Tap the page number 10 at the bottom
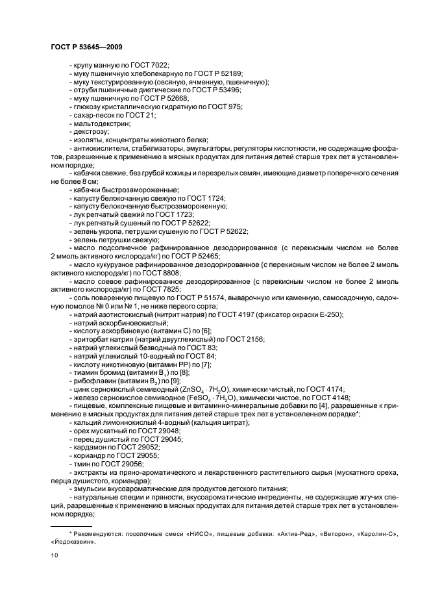pyautogui.click(x=55, y=555)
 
